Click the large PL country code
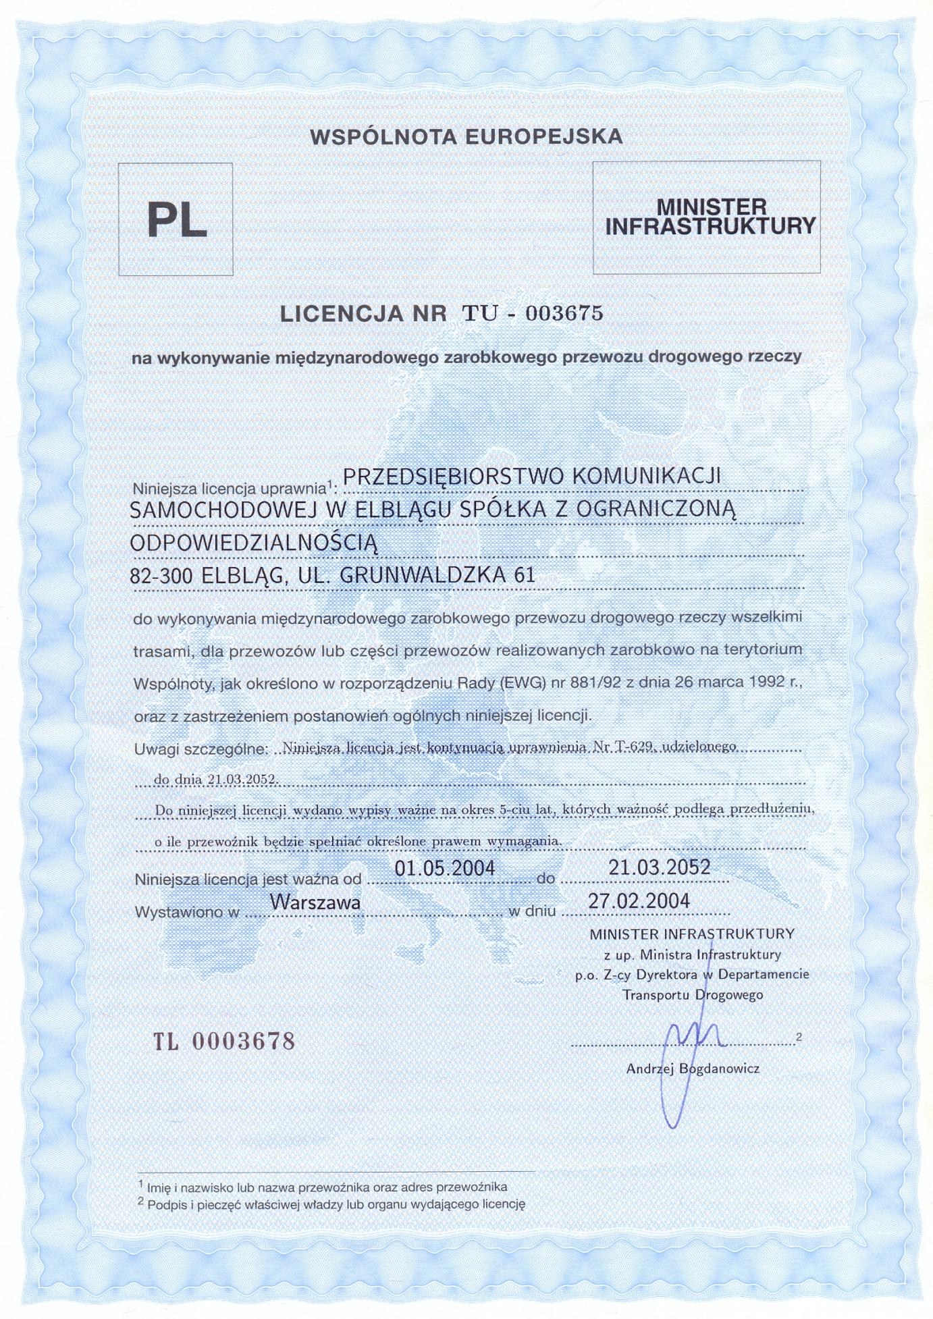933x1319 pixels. pyautogui.click(x=177, y=220)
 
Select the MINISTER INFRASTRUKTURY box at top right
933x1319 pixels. pyautogui.click(x=707, y=217)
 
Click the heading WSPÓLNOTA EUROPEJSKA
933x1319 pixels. pyautogui.click(x=466, y=137)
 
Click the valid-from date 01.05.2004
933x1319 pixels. pyautogui.click(x=445, y=868)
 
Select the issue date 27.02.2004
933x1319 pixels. pyautogui.click(x=639, y=901)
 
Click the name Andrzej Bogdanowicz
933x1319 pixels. pyautogui.click(x=693, y=1069)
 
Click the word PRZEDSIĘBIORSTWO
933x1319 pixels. pyautogui.click(x=454, y=476)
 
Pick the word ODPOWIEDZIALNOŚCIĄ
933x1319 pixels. pyautogui.click(x=253, y=543)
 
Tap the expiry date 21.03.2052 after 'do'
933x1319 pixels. pyautogui.click(x=659, y=867)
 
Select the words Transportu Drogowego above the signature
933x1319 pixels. pyautogui.click(x=693, y=995)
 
